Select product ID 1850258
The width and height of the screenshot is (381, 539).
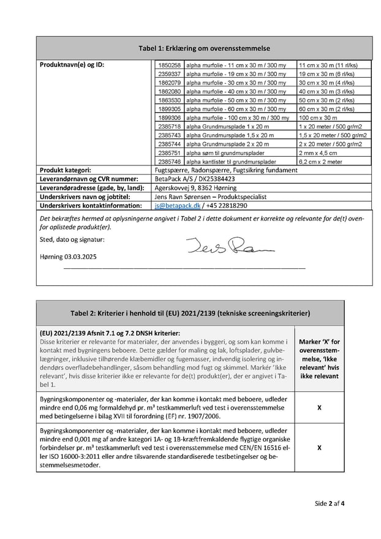pos(169,65)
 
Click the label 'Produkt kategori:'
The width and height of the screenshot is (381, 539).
pos(66,170)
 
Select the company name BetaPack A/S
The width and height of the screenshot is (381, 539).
pos(174,179)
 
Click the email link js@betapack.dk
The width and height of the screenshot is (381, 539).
pos(177,206)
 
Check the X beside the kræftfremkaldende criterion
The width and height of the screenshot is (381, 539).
pos(320,448)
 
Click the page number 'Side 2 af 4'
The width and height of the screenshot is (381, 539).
pos(330,503)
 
